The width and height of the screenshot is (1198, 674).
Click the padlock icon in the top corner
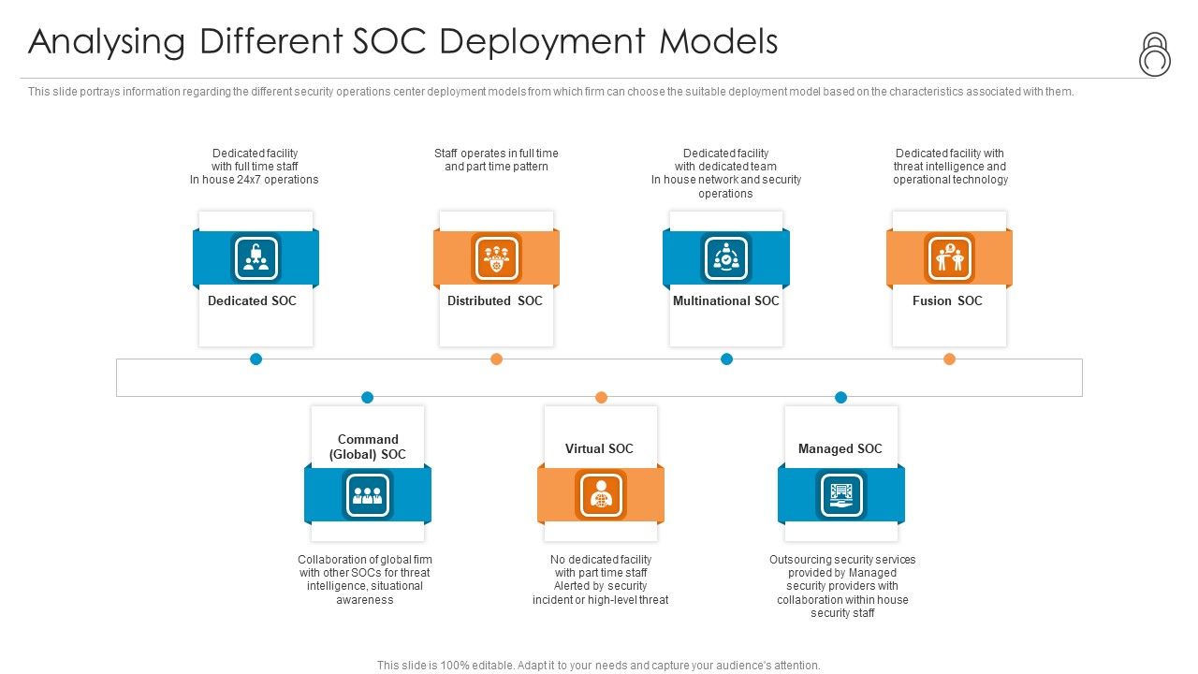[1155, 54]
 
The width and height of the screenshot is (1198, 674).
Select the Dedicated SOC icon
[256, 258]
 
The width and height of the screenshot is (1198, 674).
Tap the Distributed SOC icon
[496, 258]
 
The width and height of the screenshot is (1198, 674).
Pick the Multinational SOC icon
[726, 258]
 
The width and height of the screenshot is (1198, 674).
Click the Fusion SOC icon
[949, 258]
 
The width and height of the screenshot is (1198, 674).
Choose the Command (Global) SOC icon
[368, 494]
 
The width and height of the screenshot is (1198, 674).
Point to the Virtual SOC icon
[601, 494]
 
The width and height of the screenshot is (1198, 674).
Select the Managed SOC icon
[840, 494]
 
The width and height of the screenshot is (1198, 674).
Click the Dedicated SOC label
[252, 301]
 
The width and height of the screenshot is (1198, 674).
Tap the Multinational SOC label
[726, 301]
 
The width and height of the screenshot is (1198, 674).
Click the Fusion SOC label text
[947, 301]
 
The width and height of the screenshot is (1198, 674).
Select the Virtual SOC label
[599, 449]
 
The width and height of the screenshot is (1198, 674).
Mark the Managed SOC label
[840, 449]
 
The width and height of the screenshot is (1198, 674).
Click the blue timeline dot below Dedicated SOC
[256, 359]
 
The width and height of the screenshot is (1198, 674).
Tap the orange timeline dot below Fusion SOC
[949, 359]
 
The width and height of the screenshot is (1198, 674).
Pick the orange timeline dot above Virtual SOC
[601, 398]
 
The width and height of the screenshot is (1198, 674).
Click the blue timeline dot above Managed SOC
[840, 398]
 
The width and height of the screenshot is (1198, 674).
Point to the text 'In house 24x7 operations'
[255, 180]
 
